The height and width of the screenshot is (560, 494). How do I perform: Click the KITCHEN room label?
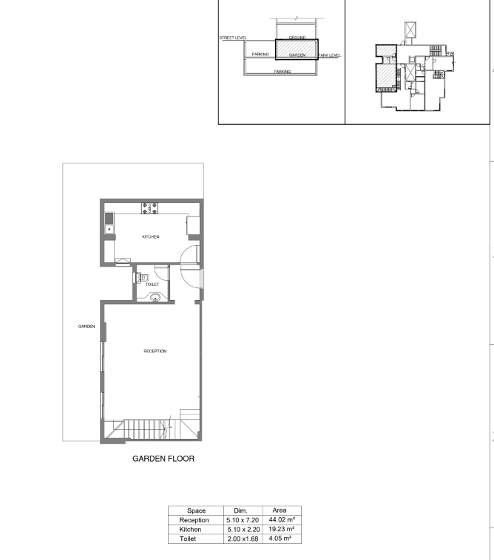coord(150,237)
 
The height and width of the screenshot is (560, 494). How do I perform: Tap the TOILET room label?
coord(152,284)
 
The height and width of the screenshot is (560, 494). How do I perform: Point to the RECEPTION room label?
coord(155,351)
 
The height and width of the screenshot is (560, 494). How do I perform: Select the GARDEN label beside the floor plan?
coord(87,327)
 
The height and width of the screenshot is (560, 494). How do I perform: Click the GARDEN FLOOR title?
coord(163,459)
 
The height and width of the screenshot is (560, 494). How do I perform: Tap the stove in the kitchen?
coord(149,208)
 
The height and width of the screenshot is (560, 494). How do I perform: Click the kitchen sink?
coord(109,223)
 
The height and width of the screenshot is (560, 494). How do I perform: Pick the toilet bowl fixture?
coord(141,278)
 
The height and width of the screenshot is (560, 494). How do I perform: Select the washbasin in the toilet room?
coord(155,297)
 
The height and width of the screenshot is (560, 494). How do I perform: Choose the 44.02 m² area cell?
coord(282,519)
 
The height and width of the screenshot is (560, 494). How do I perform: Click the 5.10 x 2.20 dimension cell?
coord(243,529)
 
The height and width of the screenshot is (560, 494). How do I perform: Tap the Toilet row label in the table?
coord(188,539)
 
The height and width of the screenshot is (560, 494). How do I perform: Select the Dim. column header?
coord(240,511)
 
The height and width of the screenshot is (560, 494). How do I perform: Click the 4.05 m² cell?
coord(280,539)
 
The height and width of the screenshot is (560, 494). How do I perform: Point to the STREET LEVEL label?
coord(233,38)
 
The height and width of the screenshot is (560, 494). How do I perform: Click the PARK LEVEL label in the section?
coord(329,55)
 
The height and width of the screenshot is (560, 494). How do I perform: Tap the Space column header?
coord(196,511)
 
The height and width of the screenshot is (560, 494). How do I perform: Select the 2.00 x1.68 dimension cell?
coord(243,539)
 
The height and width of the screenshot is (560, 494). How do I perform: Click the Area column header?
coord(280,511)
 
